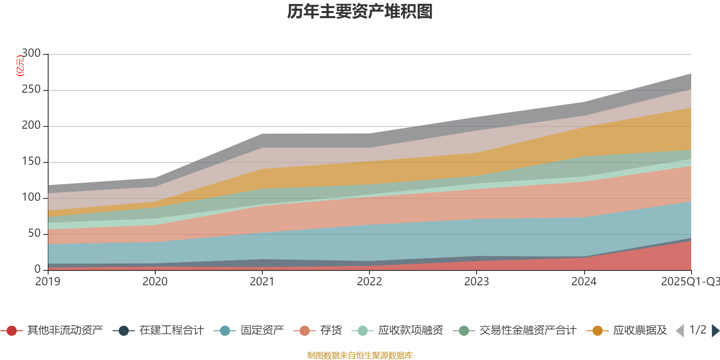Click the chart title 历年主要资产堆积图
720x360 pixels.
[360, 12]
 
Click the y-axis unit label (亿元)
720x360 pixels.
[20, 66]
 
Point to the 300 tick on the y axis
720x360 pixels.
[31, 54]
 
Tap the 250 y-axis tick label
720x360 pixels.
[31, 90]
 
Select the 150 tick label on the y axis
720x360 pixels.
[31, 162]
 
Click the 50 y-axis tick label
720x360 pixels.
[34, 234]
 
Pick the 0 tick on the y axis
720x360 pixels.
[37, 269]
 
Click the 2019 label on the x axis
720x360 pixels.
[48, 282]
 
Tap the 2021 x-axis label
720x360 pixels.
[262, 282]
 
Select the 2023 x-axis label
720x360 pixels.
[477, 282]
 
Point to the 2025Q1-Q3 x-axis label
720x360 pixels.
[689, 282]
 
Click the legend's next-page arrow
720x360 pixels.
[715, 331]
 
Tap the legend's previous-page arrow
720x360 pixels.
[680, 331]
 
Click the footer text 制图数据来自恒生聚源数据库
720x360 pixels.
[360, 355]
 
